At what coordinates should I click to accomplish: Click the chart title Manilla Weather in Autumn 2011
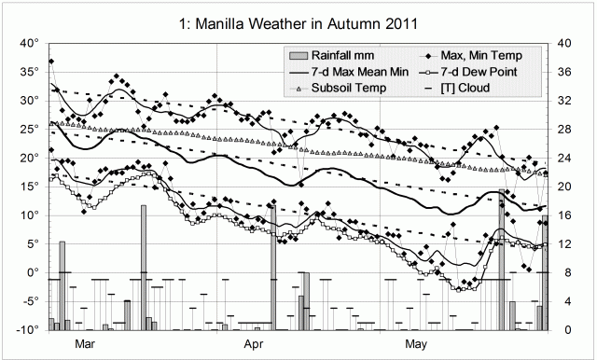pos(298,20)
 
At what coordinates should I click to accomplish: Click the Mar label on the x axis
pos(85,344)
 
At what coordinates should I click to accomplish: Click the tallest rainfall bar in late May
pos(502,261)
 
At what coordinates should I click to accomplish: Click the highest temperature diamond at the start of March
pos(51,62)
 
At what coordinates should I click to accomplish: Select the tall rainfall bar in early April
pos(273,280)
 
